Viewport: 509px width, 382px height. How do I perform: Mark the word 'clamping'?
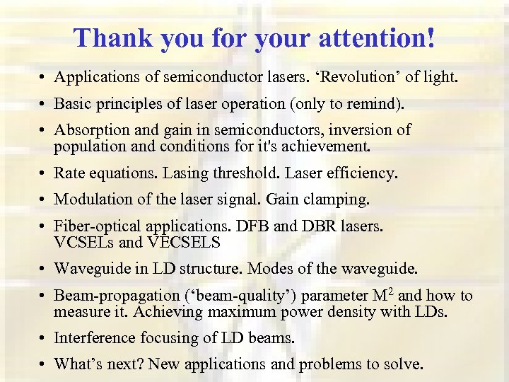pos(339,200)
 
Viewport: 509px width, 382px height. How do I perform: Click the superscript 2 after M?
pos(392,291)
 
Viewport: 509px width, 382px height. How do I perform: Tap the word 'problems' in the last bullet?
pos(328,365)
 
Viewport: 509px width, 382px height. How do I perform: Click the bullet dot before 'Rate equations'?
pos(44,174)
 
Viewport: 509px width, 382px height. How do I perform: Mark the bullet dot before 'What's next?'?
pos(44,366)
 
